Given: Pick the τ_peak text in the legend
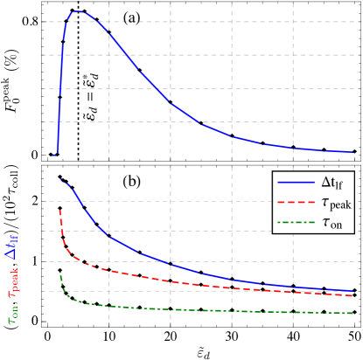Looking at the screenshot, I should tap(336, 204).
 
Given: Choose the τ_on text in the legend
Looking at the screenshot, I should tap(332, 223).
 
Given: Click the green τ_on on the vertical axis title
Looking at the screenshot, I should tap(13, 312).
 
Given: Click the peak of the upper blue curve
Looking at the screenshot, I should tap(77, 11).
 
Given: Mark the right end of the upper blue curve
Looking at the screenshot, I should tap(353, 152).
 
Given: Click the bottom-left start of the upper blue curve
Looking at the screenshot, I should tap(57, 155).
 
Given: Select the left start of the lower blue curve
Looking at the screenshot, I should tap(59, 178).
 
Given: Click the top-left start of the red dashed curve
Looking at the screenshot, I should tap(59, 211).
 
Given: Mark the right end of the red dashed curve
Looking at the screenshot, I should tap(353, 296).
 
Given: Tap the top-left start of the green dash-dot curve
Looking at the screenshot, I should tap(59, 272).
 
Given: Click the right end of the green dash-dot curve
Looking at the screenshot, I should tap(353, 313).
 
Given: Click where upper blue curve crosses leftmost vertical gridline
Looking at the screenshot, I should tap(109, 32).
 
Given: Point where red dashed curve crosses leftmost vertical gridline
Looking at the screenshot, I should tap(109, 270).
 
